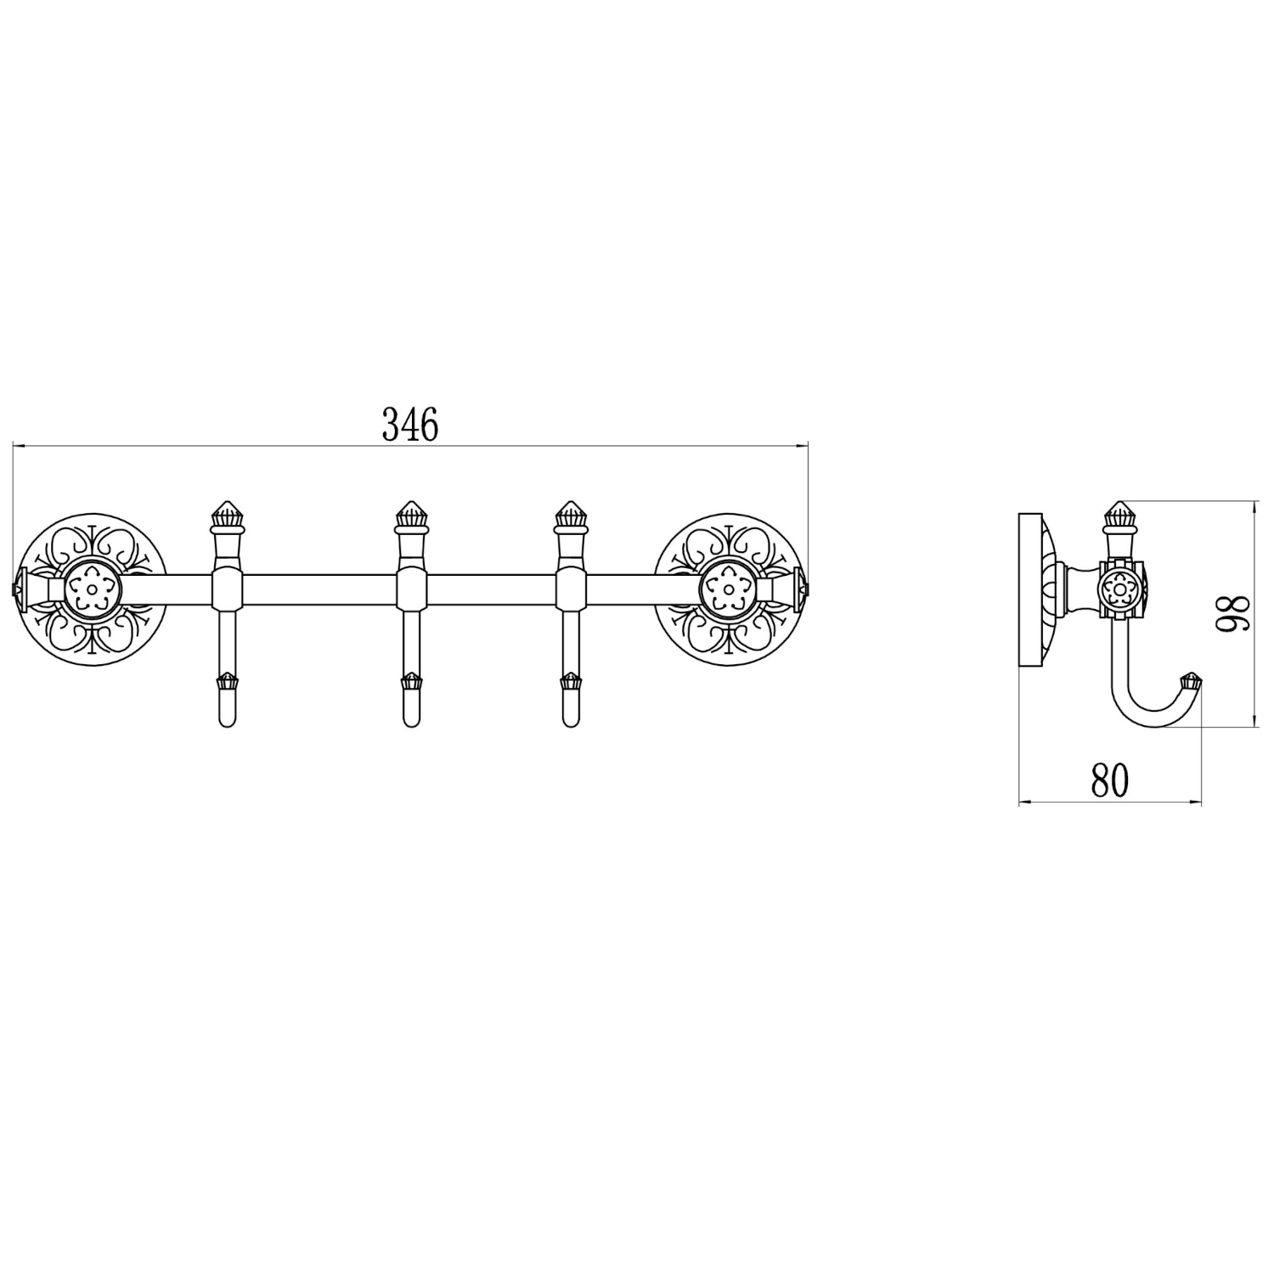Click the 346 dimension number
click(410, 425)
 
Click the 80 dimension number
click(1110, 780)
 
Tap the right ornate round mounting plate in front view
click(729, 587)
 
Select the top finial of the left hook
click(228, 515)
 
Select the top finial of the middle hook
click(409, 515)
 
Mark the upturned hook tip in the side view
click(1194, 682)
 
